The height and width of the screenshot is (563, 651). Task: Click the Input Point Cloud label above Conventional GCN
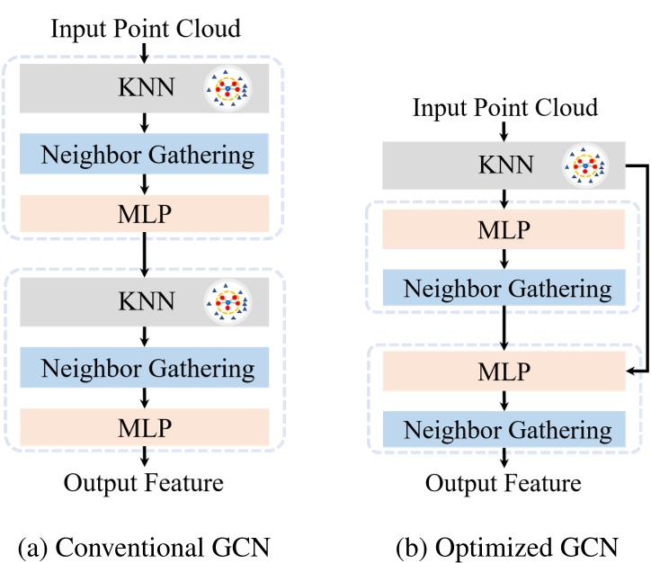click(146, 28)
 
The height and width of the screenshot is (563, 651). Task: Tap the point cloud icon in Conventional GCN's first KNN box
click(227, 88)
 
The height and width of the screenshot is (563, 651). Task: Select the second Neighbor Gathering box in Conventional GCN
click(145, 367)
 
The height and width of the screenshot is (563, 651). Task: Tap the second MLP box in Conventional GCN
click(145, 425)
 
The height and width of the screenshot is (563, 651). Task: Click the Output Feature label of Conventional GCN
click(144, 483)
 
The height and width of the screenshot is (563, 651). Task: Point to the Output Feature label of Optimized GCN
click(503, 484)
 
